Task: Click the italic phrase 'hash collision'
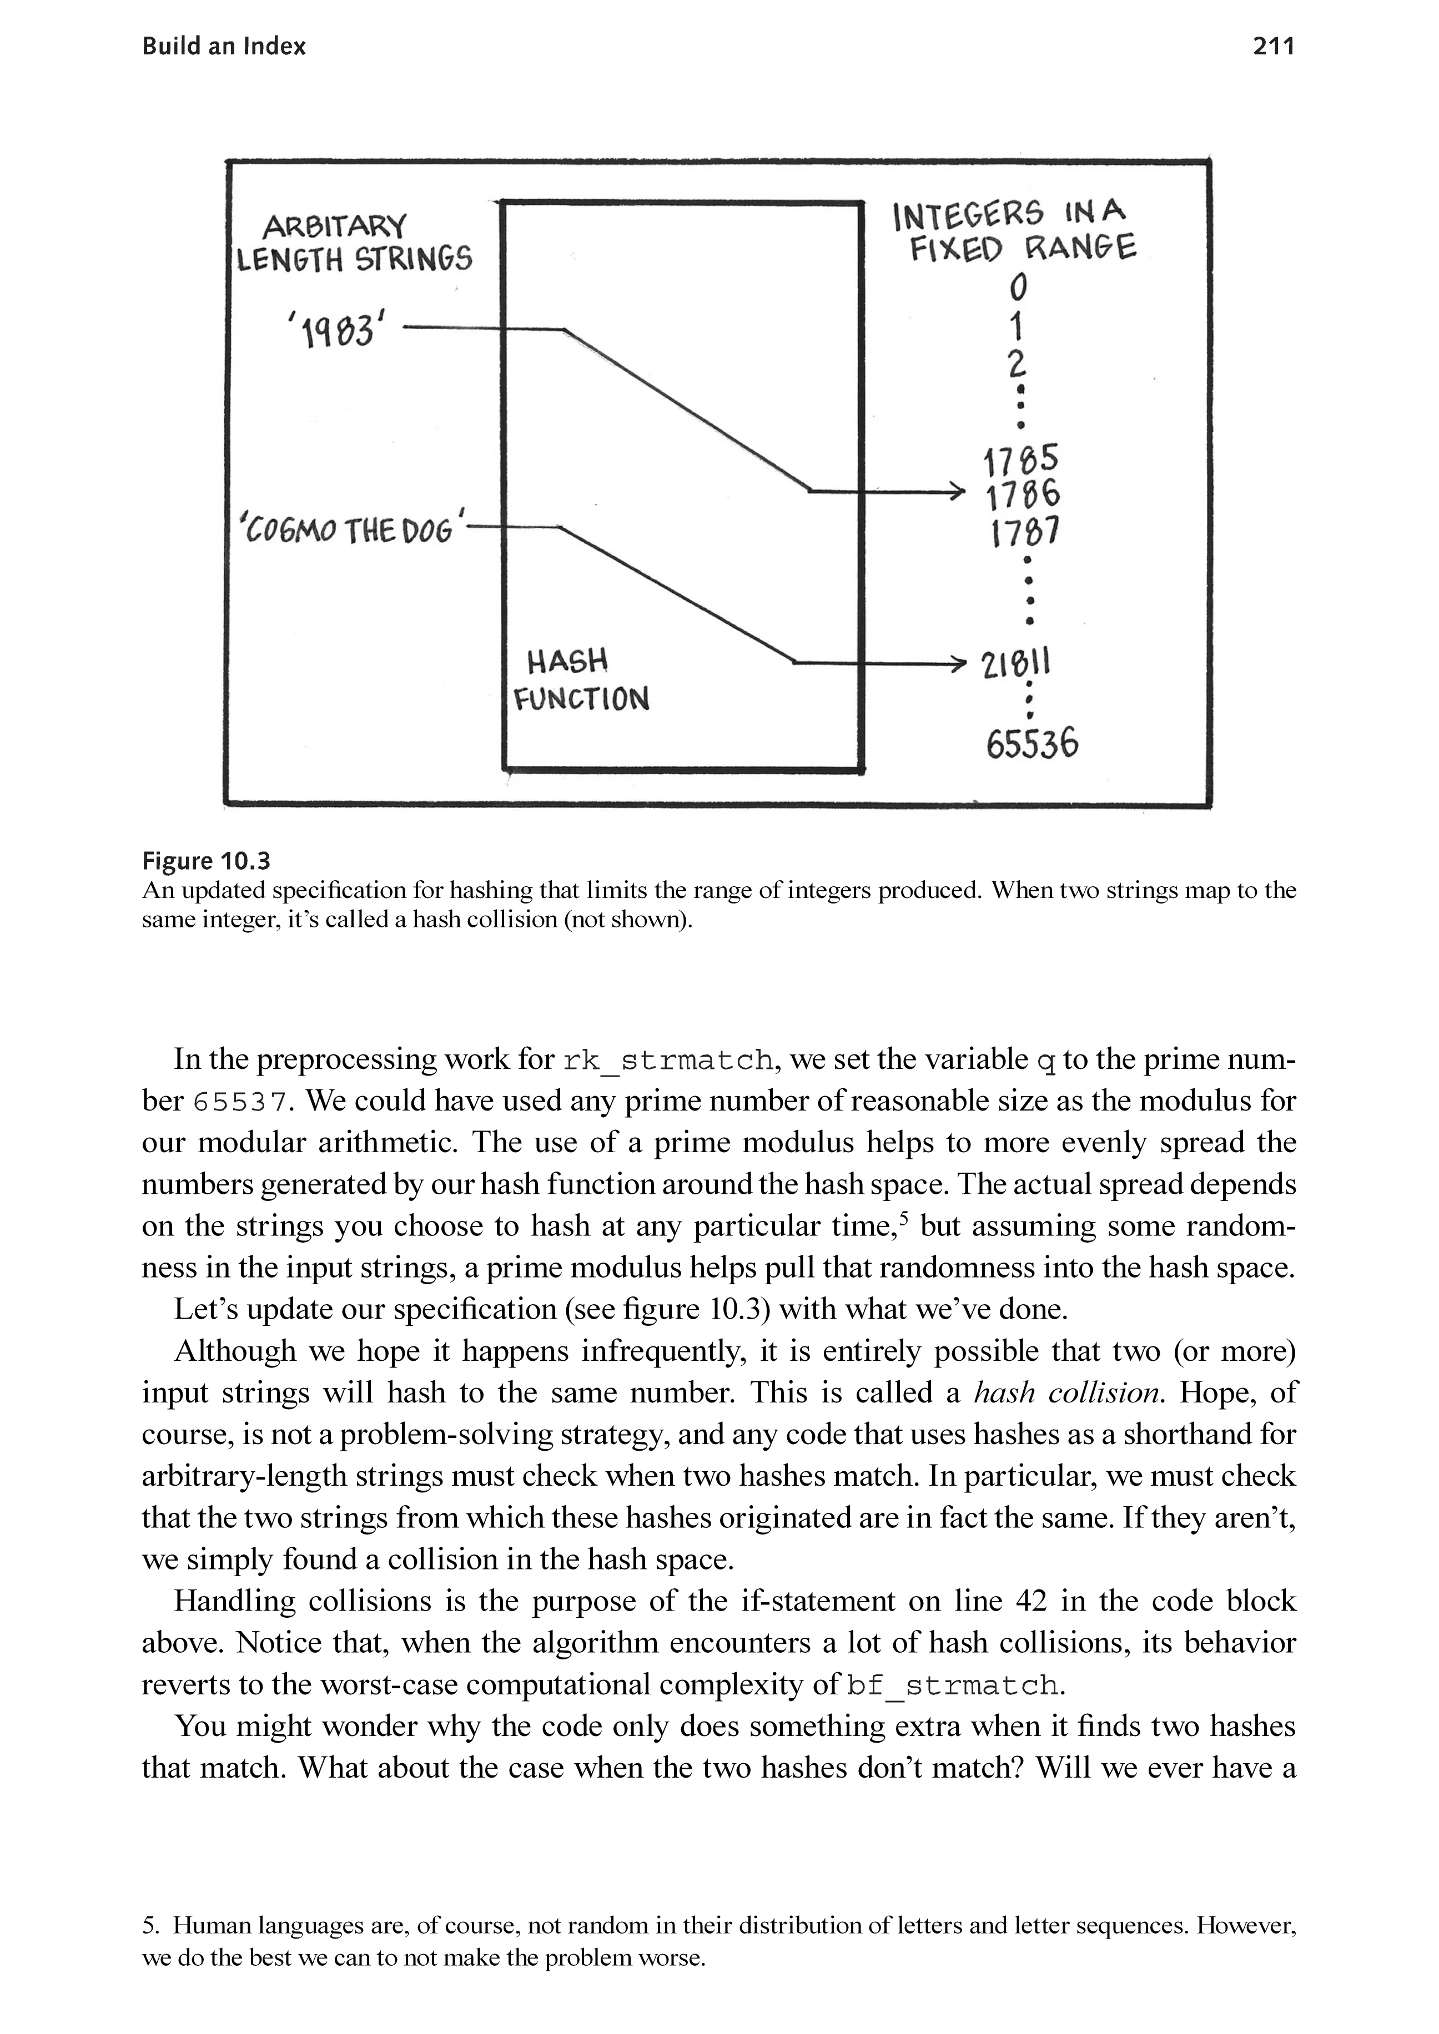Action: tap(1067, 1392)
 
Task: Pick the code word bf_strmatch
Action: tap(953, 1684)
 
